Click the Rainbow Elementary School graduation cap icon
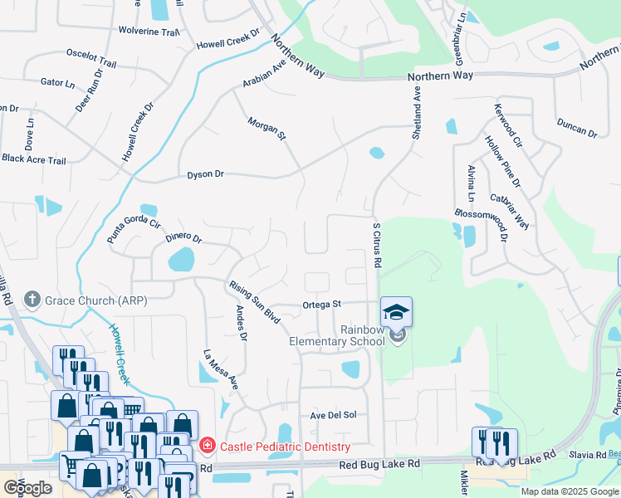point(397,313)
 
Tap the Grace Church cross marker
point(32,299)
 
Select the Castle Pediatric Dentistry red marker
point(208,447)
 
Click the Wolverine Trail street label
point(150,32)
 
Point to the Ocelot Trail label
point(91,57)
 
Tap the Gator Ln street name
point(57,82)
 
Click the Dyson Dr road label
point(205,174)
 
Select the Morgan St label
point(266,128)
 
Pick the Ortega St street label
point(322,304)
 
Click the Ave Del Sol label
point(333,414)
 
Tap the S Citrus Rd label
point(377,245)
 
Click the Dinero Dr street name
point(183,237)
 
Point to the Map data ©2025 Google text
point(570,491)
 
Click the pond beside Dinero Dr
point(181,262)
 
